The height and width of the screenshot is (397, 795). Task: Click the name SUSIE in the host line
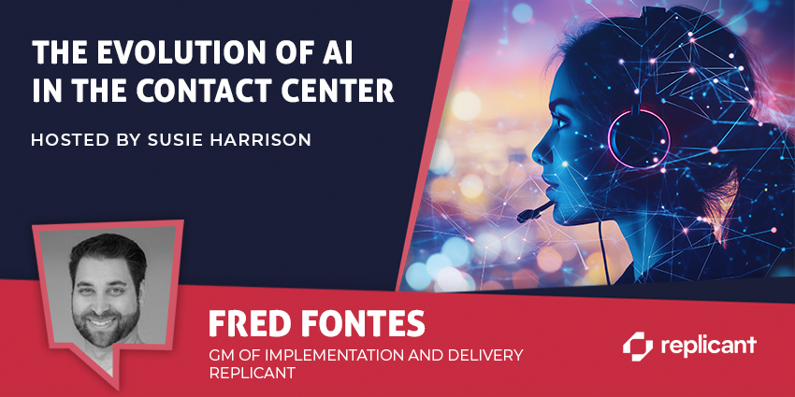(x=180, y=140)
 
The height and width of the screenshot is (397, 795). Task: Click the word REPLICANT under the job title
(x=252, y=374)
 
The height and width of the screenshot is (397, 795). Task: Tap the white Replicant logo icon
(x=638, y=347)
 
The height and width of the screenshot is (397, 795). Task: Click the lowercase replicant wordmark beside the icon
(x=708, y=346)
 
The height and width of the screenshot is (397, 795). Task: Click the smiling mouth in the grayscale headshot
(x=101, y=322)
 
